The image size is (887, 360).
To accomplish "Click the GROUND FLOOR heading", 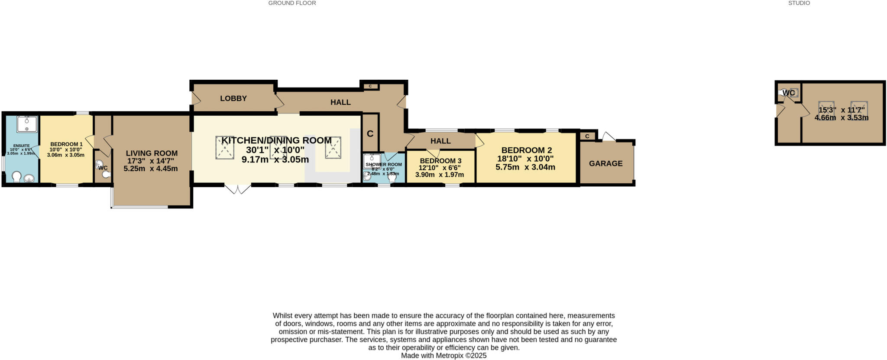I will click(292, 3).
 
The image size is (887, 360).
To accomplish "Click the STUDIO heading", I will click(799, 3).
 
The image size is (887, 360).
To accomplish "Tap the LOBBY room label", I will click(233, 98).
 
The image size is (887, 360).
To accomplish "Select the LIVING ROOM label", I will click(152, 153).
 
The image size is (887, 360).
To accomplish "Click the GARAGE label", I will click(605, 163).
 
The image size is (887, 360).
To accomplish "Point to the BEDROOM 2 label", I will click(527, 150).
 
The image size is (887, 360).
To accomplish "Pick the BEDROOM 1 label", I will click(66, 144).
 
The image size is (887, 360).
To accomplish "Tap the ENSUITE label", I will click(21, 146).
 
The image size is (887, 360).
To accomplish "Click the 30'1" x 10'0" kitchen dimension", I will click(275, 150).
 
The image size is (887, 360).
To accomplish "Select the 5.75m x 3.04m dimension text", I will click(525, 167).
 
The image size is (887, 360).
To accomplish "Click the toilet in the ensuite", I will click(16, 177).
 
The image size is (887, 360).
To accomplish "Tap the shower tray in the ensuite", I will click(27, 124).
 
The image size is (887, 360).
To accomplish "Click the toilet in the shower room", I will click(392, 177).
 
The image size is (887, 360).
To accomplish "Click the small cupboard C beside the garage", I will click(587, 136).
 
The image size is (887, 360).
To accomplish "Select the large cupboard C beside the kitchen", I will click(370, 133).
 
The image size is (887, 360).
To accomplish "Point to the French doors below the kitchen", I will click(237, 189).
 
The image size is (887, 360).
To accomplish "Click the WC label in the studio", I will click(789, 93).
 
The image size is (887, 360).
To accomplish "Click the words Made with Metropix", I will click(443, 356).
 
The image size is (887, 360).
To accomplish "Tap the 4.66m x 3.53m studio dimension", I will click(841, 117).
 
